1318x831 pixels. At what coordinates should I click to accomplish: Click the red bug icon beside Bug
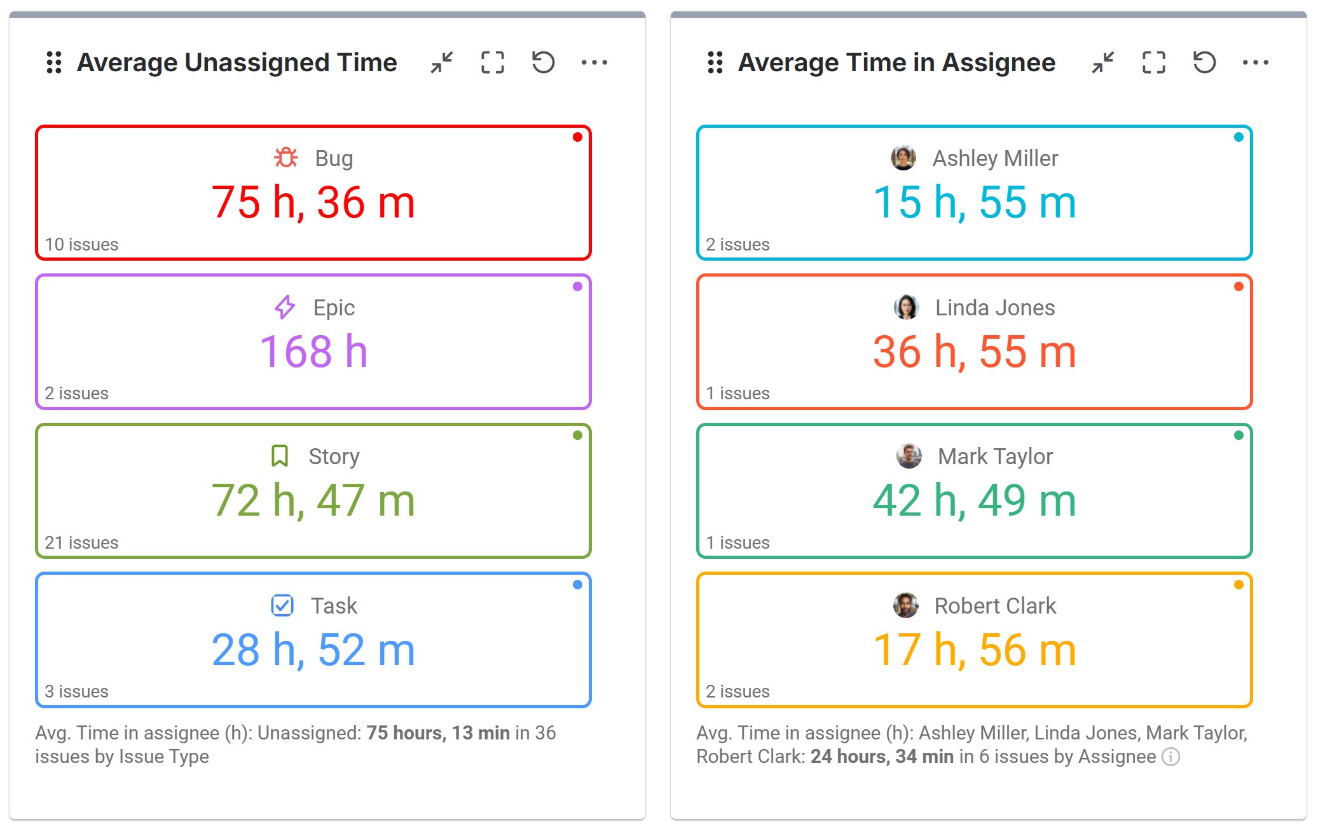[x=285, y=157]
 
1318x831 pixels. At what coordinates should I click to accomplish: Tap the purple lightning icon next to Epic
[x=284, y=307]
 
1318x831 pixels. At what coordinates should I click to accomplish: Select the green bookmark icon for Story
[x=280, y=456]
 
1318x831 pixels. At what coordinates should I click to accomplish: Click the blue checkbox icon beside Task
[x=282, y=605]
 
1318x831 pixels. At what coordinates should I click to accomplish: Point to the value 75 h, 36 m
[x=313, y=203]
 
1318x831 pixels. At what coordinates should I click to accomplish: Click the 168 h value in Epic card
[x=313, y=352]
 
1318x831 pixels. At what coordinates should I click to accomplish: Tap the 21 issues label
[x=81, y=542]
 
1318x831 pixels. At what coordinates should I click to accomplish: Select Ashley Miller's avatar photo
[x=903, y=158]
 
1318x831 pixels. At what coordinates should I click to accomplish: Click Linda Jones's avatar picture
[x=906, y=307]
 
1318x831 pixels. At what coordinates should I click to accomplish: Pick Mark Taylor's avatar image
[x=909, y=456]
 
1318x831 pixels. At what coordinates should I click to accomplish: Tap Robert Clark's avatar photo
[x=905, y=605]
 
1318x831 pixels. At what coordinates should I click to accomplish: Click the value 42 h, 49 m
[x=974, y=501]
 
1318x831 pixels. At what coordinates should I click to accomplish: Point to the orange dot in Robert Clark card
[x=1238, y=585]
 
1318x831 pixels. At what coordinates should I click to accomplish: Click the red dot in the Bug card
[x=577, y=137]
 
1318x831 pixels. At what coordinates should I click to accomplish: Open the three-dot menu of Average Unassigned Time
[x=594, y=62]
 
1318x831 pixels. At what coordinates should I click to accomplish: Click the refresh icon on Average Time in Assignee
[x=1204, y=62]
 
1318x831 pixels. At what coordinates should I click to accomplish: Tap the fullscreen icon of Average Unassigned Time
[x=492, y=62]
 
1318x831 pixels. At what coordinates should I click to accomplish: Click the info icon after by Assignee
[x=1170, y=757]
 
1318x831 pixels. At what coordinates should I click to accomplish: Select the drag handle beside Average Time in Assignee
[x=715, y=62]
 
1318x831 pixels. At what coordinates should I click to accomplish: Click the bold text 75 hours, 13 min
[x=437, y=733]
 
